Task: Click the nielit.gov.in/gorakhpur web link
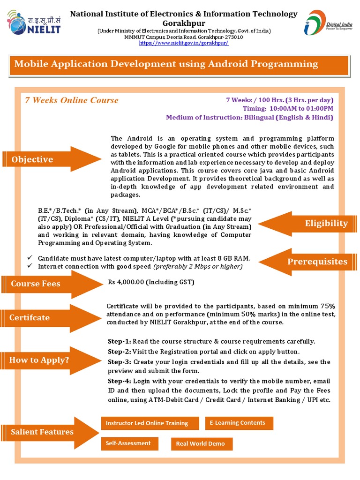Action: pyautogui.click(x=184, y=43)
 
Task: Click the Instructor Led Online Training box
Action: pyautogui.click(x=147, y=423)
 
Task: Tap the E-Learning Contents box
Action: pyautogui.click(x=239, y=423)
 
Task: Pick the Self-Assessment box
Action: pyautogui.click(x=128, y=443)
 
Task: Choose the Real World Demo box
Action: pyautogui.click(x=201, y=443)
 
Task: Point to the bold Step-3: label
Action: pyautogui.click(x=120, y=362)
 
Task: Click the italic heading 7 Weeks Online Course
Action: pyautogui.click(x=72, y=100)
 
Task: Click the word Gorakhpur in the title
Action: pyautogui.click(x=184, y=22)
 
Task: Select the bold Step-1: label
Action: pyautogui.click(x=120, y=341)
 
